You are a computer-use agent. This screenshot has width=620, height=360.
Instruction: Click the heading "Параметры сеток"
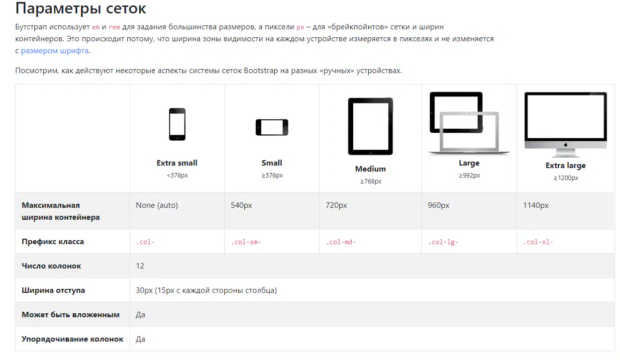[81, 8]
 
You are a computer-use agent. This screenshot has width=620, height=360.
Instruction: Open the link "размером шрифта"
[55, 51]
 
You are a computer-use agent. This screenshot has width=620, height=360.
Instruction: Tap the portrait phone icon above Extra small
[177, 124]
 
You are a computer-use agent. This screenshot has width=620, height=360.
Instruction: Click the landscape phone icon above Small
[272, 127]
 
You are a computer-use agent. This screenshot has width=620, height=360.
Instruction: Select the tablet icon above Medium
[370, 126]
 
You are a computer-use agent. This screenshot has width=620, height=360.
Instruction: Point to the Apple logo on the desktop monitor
[566, 145]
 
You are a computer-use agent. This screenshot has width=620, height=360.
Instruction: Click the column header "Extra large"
[565, 166]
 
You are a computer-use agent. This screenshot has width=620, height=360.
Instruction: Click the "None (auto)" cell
[157, 205]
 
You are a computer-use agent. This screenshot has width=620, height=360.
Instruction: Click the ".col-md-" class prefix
[341, 242]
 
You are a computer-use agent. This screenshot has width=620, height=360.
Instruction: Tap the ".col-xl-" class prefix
[538, 242]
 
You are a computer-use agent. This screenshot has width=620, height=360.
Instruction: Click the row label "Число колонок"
[51, 266]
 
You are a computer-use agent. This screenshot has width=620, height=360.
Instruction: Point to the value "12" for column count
[140, 266]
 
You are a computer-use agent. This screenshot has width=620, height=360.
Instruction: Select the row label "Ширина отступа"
[53, 290]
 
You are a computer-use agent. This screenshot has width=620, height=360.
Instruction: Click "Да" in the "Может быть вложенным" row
[140, 315]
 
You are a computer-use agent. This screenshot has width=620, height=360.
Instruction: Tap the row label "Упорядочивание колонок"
[73, 339]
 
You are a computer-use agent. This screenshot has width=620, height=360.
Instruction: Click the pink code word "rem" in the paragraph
[114, 27]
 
